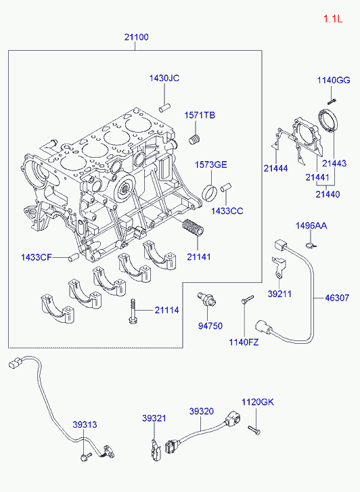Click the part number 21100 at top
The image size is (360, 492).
136,37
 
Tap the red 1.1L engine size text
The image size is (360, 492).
333,19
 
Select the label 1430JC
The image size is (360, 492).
164,78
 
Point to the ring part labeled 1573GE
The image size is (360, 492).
210,192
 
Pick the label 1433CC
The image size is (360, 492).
227,211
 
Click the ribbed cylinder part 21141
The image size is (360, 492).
193,227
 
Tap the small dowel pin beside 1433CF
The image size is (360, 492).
73,258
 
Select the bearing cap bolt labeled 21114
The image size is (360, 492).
133,311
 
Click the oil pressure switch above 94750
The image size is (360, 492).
206,299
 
